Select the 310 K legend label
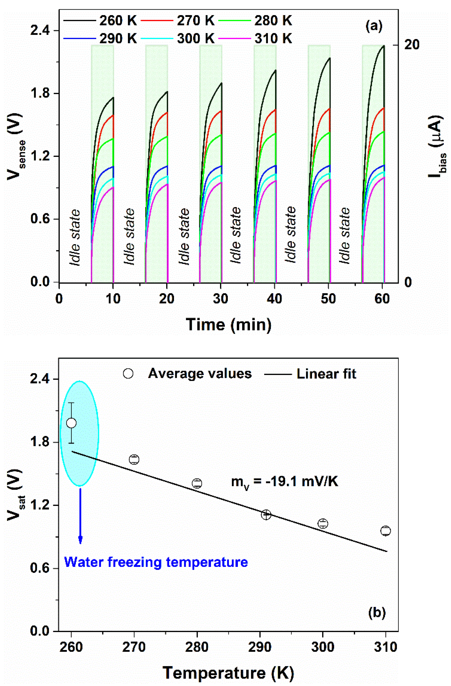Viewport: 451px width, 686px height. (x=273, y=38)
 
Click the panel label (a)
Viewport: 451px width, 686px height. (x=374, y=27)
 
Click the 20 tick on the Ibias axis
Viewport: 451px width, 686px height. (x=412, y=45)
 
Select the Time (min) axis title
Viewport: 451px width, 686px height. (x=228, y=325)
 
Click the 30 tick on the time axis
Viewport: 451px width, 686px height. (x=221, y=299)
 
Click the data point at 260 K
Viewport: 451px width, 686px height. (x=71, y=423)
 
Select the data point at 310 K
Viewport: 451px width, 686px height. (x=385, y=531)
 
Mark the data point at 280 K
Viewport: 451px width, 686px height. (x=197, y=483)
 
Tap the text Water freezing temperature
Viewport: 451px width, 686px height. (x=156, y=562)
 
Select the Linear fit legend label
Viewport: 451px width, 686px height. (x=326, y=374)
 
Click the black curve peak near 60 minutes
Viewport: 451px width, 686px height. (x=384, y=46)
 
